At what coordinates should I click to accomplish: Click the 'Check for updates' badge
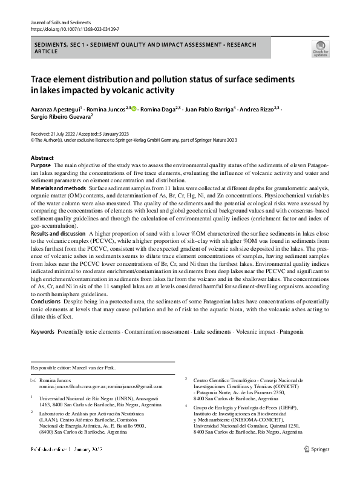pyautogui.click(x=319, y=49)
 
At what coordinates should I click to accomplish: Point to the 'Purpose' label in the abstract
pyautogui.click(x=41, y=165)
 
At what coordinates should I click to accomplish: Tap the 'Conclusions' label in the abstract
pyautogui.click(x=45, y=300)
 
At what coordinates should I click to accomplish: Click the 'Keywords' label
pyautogui.click(x=42, y=332)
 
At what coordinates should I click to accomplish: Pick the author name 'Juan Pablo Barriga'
pyautogui.click(x=209, y=109)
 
